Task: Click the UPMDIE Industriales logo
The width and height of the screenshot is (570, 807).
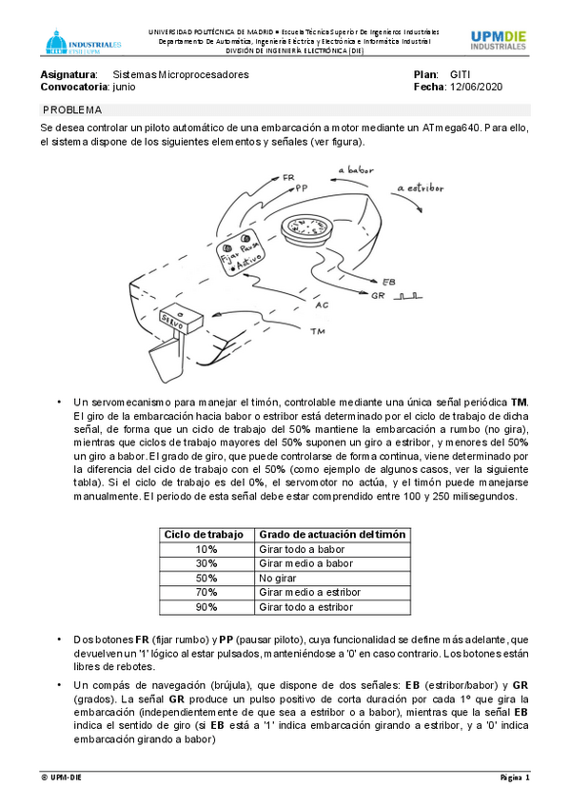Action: [498, 41]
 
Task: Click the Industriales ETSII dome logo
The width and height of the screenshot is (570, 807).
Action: [81, 42]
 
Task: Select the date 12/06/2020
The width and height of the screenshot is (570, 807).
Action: [476, 87]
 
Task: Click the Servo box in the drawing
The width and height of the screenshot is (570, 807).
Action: [181, 320]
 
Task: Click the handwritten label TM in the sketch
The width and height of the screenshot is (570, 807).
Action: [318, 331]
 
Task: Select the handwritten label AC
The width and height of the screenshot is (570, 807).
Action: [322, 305]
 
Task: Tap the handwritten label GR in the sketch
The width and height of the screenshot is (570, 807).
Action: [378, 296]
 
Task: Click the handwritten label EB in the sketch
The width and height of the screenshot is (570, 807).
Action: [389, 282]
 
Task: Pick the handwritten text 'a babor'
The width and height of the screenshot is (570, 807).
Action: [356, 169]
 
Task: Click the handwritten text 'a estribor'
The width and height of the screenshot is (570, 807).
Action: [421, 187]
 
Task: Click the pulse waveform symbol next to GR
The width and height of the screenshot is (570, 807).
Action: [407, 296]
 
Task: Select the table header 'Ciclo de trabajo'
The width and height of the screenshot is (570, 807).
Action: [204, 535]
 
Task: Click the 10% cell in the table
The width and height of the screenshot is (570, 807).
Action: [206, 549]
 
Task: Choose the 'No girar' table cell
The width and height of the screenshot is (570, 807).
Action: [278, 578]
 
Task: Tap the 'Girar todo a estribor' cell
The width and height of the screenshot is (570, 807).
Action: [306, 607]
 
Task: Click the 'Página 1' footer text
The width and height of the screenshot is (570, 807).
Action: [515, 777]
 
